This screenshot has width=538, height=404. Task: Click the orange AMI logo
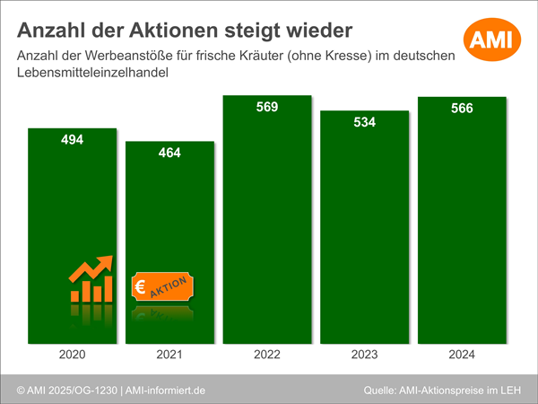pos(490,39)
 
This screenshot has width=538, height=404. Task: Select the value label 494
pos(73,140)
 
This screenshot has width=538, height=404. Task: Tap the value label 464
pos(169,153)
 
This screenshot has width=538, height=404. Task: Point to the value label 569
pos(267,107)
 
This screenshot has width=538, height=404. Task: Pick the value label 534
pos(364,122)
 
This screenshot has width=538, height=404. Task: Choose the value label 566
pos(462,109)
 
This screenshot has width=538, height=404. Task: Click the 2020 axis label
pos(73,356)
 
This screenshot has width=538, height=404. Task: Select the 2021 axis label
pos(169,356)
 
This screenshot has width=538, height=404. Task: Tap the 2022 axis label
pos(267,356)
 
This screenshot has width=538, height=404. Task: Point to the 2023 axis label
pos(364,356)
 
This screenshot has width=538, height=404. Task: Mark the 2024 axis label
pos(462,356)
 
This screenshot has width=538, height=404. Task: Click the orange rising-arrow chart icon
pos(91,279)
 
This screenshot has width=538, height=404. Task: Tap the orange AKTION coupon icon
pos(163,287)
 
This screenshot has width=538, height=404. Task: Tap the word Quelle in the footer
pos(384,391)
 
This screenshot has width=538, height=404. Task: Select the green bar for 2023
pos(364,233)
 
